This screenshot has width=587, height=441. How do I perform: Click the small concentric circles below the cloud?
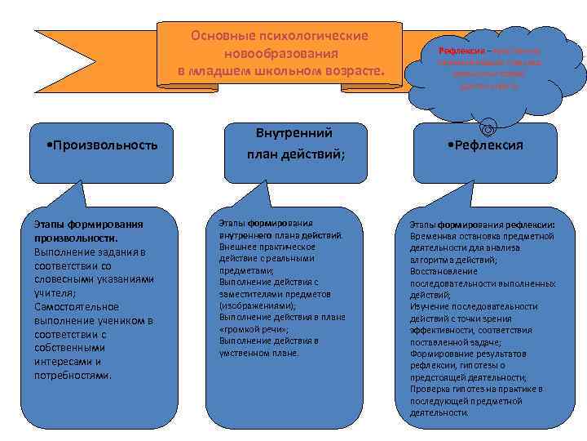(x=487, y=128)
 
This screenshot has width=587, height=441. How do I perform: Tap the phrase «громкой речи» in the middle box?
(x=248, y=328)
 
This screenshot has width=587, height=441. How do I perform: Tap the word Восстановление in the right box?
(x=439, y=271)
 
